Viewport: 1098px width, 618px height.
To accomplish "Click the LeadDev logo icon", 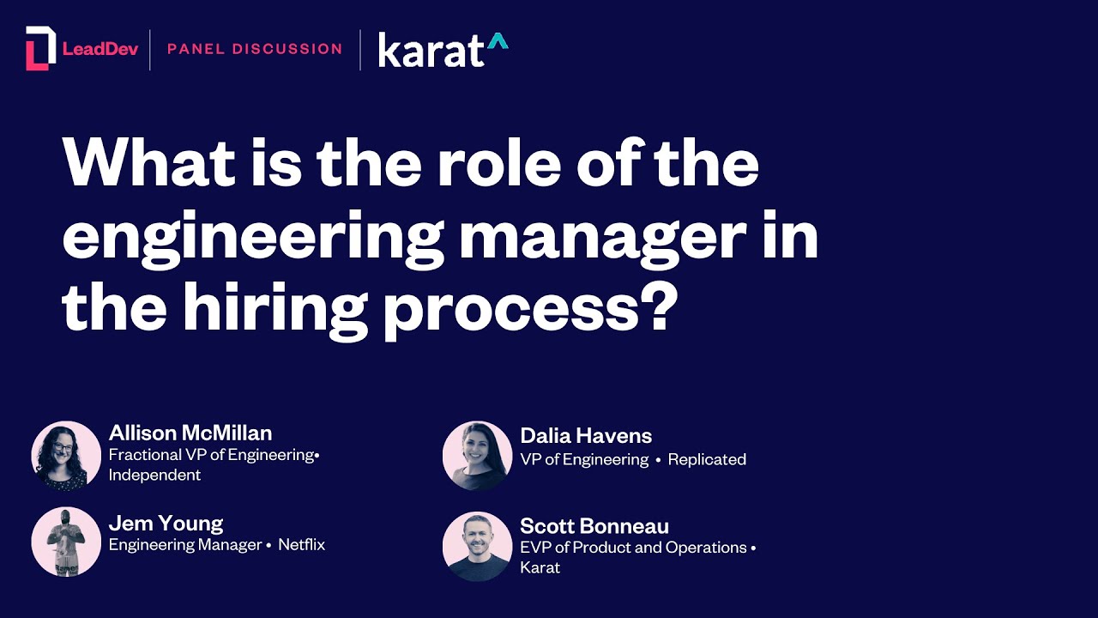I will [x=40, y=48].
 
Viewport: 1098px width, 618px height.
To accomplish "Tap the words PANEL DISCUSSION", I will [x=255, y=49].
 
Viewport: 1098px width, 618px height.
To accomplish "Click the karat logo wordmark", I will [x=431, y=51].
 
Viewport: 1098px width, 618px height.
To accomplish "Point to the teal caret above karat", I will [x=498, y=39].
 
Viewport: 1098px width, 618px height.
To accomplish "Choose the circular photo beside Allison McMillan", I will [x=66, y=456].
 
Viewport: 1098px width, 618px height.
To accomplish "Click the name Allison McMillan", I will [x=190, y=433].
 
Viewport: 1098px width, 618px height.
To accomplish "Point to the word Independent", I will [x=154, y=475].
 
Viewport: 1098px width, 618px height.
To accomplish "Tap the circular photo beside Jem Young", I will [x=66, y=542].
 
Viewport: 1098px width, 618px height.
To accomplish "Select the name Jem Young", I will [x=166, y=523].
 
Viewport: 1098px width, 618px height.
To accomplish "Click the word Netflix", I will [x=301, y=544].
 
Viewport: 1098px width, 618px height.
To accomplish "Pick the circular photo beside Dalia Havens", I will [x=477, y=456].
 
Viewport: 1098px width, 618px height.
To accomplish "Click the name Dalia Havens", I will [x=586, y=436].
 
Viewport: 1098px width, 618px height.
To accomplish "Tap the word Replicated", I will [x=707, y=459].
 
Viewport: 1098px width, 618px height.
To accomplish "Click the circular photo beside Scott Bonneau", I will [x=477, y=547].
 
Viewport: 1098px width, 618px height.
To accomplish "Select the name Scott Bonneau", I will [x=594, y=525].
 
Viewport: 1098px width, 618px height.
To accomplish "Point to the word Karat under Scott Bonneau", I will [x=540, y=567].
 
